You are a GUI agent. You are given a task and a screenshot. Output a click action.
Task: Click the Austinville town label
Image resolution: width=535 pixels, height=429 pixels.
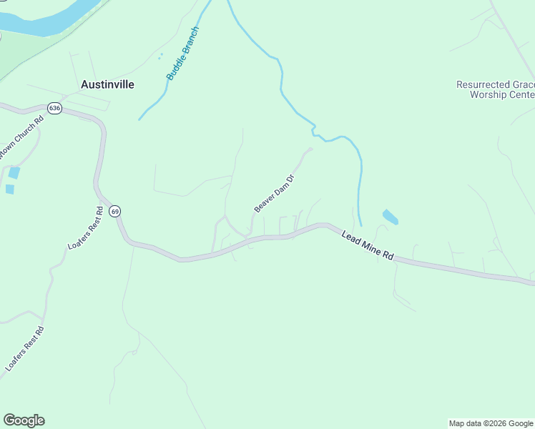[x=107, y=84]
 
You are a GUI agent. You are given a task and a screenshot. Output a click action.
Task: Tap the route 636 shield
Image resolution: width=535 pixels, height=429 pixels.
[x=54, y=108]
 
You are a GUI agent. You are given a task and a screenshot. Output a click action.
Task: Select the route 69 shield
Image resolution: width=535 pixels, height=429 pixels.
[x=115, y=211]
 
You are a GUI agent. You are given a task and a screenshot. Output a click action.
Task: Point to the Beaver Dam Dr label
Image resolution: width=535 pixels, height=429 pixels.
[x=275, y=193]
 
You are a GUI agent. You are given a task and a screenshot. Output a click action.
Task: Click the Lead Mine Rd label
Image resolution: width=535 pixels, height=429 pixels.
[x=368, y=245]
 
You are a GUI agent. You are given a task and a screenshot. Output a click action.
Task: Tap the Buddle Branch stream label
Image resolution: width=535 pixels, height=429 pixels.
[x=182, y=53]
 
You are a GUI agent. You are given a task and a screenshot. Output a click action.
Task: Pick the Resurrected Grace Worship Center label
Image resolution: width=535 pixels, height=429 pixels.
[x=495, y=89]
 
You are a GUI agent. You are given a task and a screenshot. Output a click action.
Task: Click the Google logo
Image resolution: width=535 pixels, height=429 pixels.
[x=24, y=420]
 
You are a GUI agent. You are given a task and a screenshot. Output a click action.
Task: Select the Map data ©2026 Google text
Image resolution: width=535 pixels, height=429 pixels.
[x=491, y=423]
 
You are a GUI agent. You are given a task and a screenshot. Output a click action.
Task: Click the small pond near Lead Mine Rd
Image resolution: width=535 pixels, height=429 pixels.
[x=391, y=217]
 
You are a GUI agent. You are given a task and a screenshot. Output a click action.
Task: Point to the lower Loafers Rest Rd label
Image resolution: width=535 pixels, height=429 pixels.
[x=25, y=349]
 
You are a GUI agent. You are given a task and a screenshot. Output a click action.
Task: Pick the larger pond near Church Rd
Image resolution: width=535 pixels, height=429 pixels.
[x=14, y=173]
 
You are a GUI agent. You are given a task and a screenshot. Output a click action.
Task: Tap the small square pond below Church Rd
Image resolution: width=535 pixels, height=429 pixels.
[x=9, y=189]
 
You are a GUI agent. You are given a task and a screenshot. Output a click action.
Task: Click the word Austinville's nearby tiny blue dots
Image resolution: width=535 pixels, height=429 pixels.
[x=160, y=55]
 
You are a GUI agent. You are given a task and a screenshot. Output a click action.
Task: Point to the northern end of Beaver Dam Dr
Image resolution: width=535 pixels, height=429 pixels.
[x=309, y=149]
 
